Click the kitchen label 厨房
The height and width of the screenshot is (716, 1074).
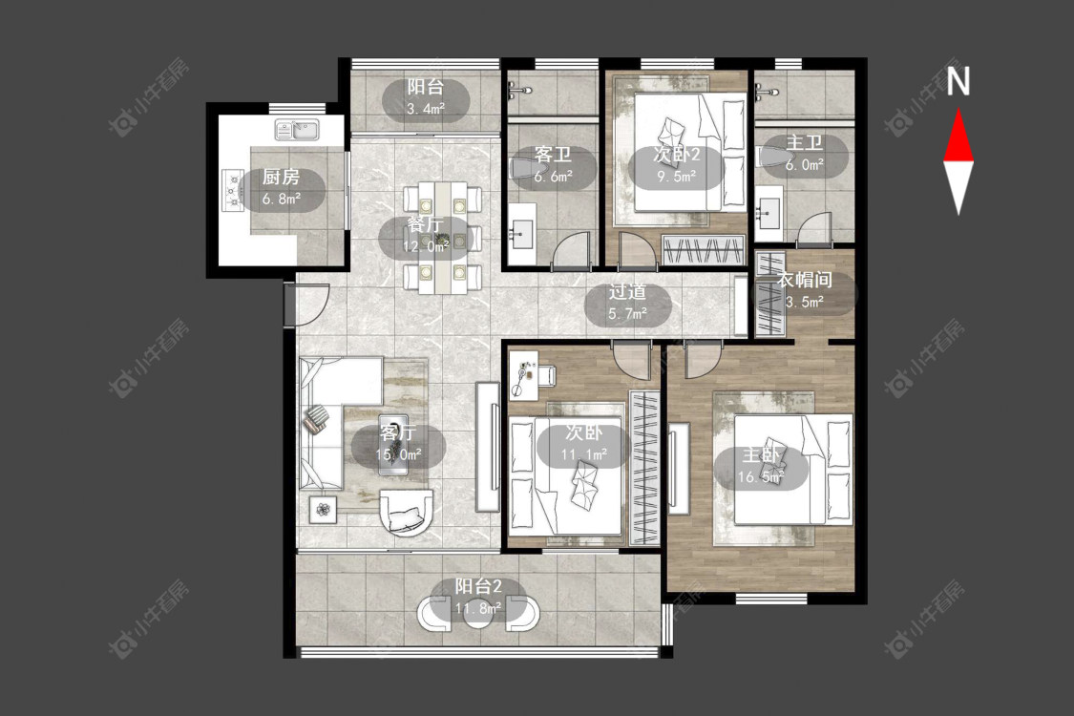tap(282, 177)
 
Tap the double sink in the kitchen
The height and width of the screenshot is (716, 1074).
tap(297, 130)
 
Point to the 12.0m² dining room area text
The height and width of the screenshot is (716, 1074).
tap(426, 246)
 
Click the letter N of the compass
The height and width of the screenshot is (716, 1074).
tap(958, 81)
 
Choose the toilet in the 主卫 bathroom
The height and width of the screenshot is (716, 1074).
tap(771, 157)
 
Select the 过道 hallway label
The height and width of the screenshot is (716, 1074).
tap(627, 292)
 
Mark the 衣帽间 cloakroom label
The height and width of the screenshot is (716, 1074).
tap(804, 280)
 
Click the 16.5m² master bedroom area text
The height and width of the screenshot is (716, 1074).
tap(760, 477)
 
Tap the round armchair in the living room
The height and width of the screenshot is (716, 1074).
tap(407, 512)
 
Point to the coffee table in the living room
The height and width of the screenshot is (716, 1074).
tap(393, 444)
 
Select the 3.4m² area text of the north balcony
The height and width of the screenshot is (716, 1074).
tap(426, 108)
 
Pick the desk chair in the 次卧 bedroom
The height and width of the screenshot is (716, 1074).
tap(547, 375)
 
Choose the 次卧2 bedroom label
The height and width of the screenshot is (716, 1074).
tap(677, 154)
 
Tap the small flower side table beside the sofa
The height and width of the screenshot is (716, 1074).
tap(323, 509)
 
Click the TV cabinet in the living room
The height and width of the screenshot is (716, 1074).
tap(488, 446)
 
